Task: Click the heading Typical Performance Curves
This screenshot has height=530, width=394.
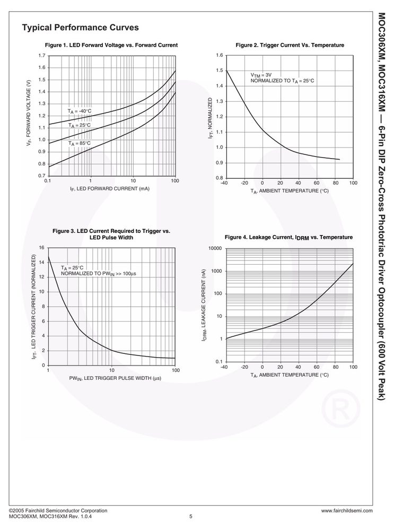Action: point(81,28)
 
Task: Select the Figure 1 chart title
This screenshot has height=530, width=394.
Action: point(111,45)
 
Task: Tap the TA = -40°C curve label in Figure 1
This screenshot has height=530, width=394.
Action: point(80,111)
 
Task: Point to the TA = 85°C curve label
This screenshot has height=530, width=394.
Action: point(80,143)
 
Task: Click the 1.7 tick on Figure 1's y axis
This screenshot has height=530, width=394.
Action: point(42,55)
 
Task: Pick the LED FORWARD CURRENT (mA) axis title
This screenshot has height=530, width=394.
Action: point(109,189)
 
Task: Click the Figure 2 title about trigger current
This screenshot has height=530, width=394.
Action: point(290,45)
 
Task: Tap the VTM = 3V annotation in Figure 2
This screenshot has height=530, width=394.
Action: point(261,75)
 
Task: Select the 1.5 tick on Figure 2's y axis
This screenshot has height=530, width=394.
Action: point(220,71)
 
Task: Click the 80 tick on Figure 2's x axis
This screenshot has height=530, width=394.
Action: point(335,183)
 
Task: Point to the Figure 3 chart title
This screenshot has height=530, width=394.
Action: point(111,234)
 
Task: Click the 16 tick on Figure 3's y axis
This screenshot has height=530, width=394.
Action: point(42,247)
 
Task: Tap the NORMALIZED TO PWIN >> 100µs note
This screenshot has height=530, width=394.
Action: point(98,273)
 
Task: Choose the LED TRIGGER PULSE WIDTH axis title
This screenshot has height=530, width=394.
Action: point(115,378)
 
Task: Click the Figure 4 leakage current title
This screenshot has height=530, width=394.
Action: point(288,237)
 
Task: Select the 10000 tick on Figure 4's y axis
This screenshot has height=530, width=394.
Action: point(216,248)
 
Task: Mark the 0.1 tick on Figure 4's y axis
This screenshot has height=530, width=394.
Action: point(219,362)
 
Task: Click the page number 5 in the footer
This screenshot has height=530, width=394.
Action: point(190,516)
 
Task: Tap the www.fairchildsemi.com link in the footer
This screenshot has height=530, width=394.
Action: point(347,511)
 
